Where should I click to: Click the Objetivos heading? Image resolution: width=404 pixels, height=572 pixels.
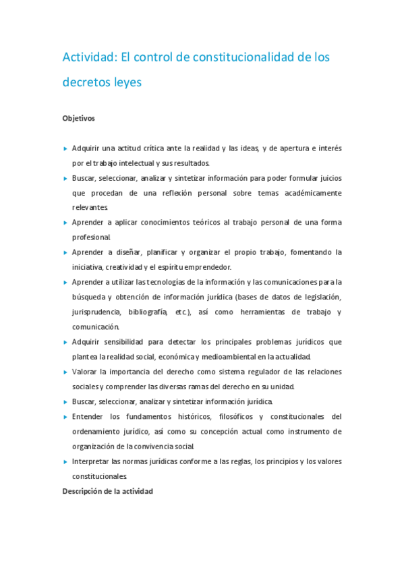[x=78, y=118]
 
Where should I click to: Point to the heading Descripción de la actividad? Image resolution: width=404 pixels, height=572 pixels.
[x=108, y=491]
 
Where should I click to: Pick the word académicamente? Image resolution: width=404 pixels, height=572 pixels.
[x=306, y=192]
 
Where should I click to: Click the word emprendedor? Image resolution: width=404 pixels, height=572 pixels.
[x=205, y=266]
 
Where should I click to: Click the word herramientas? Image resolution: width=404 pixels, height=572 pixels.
[x=260, y=312]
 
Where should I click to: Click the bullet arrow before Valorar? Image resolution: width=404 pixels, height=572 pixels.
[x=65, y=372]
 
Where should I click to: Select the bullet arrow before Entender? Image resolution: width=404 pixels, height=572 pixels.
[x=65, y=416]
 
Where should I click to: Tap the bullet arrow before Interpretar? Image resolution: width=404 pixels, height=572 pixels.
[x=65, y=461]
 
